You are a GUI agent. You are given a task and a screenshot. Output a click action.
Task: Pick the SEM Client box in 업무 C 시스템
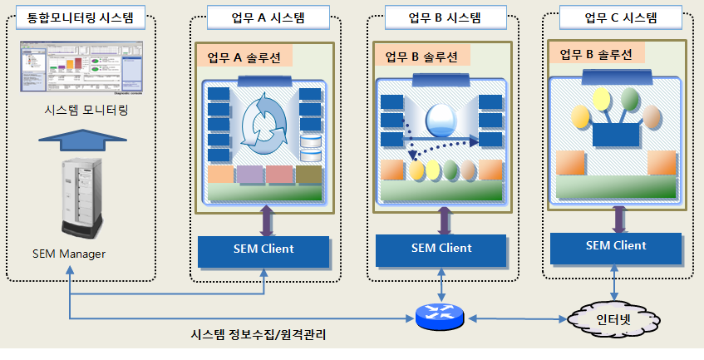(616, 245)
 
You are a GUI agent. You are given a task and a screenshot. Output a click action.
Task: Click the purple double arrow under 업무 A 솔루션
(265, 220)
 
